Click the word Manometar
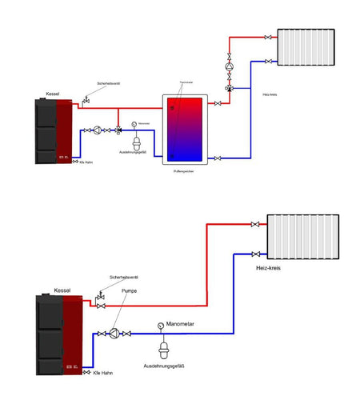(182, 325)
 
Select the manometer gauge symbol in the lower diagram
(161, 326)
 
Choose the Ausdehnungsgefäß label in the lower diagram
(164, 366)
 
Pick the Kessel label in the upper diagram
(54, 93)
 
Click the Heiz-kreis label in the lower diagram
(272, 269)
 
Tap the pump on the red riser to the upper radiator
(230, 70)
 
